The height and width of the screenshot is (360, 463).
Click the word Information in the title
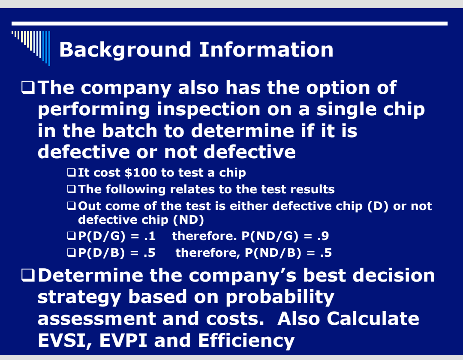266,50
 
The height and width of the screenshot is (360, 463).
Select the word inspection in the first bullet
208,109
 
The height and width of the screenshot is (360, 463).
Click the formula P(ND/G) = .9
285,236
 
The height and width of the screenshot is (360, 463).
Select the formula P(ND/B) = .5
288,253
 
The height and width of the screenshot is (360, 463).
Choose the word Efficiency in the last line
246,340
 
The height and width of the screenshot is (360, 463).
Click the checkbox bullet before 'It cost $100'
72,173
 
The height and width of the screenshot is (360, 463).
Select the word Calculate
373,318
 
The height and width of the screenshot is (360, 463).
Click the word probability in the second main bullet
280,297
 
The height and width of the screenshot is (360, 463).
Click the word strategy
79,297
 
